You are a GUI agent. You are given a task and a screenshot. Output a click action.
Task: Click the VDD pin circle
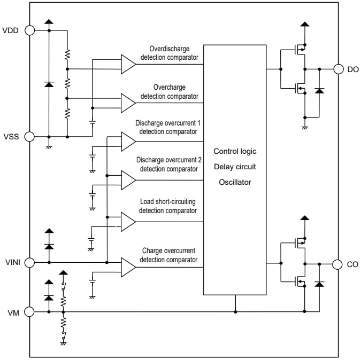point(29,30)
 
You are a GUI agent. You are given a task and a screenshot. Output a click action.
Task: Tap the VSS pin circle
point(29,137)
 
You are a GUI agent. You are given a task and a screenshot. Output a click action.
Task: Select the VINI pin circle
point(29,262)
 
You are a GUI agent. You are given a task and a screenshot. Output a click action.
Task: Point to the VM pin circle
point(29,312)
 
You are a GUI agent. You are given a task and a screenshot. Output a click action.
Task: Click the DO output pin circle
point(338,69)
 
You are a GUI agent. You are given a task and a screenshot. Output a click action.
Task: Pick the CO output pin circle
point(338,264)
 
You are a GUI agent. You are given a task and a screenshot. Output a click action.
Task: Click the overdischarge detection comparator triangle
point(128,64)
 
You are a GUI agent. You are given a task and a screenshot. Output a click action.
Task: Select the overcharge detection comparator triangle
point(128,103)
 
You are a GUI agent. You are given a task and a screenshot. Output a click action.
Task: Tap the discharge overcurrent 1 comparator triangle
point(128,142)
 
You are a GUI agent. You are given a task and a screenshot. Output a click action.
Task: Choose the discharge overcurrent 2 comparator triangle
point(128,180)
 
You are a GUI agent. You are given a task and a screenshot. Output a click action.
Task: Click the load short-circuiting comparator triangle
point(128,222)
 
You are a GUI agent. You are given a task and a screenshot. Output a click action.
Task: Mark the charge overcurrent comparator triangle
point(128,267)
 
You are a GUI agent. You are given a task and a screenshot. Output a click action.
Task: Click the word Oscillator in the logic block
point(235,182)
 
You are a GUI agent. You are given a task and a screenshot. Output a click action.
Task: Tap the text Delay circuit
point(235,167)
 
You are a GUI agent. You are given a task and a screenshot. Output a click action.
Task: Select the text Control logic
point(235,151)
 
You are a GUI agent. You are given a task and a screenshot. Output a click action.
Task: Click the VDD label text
point(11,30)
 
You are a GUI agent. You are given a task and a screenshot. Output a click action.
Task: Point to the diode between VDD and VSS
point(49,84)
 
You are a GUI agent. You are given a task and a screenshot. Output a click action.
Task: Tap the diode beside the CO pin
point(320,284)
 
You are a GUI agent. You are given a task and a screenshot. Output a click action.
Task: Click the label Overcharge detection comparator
point(168,91)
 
